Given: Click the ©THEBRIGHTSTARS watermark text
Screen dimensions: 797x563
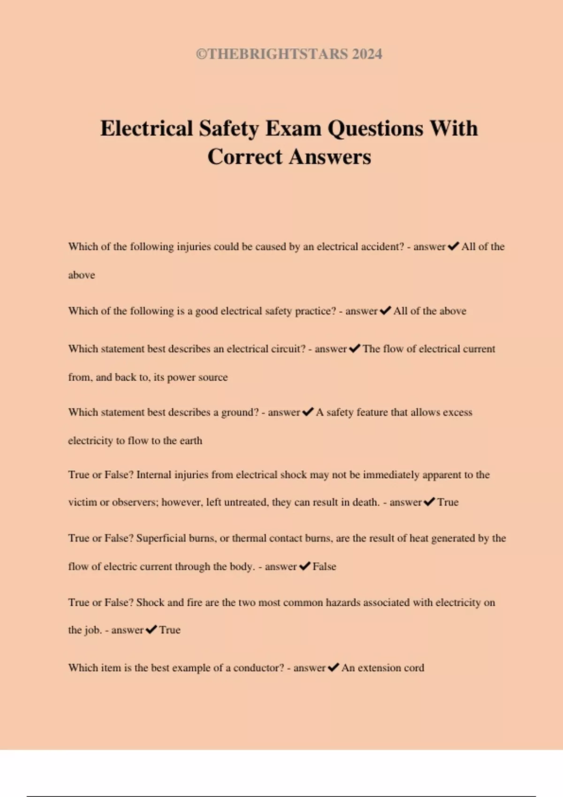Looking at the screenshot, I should [272, 54].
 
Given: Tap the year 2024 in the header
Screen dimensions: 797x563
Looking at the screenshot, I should [367, 54].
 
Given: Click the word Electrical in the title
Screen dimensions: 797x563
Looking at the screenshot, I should [146, 128].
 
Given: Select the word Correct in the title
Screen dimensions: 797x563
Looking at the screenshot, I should [245, 157].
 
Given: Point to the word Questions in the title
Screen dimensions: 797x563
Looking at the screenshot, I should [375, 128].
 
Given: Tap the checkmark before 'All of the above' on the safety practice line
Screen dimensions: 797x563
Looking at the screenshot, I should [385, 311].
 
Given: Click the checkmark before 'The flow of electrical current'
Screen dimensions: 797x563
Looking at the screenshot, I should [355, 348].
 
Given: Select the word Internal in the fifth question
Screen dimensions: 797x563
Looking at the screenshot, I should [154, 475].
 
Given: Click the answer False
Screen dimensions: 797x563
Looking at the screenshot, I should [324, 566].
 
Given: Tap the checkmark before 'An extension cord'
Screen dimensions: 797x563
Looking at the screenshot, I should [333, 668].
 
